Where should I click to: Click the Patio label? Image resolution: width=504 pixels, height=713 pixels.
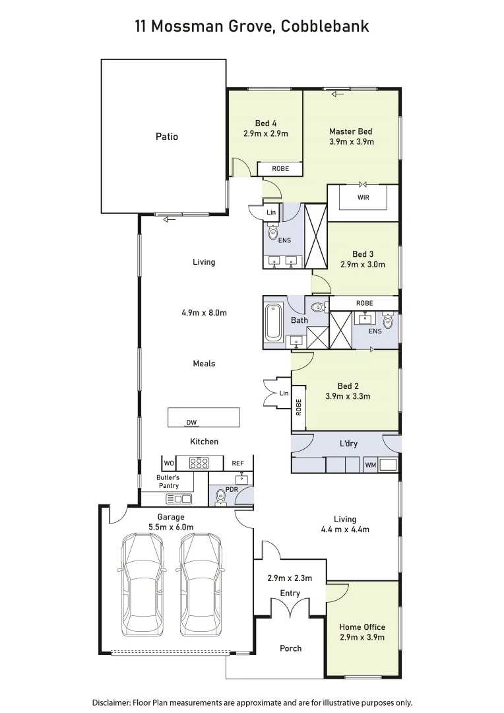click(167, 137)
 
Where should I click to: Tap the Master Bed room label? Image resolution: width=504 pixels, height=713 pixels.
click(351, 131)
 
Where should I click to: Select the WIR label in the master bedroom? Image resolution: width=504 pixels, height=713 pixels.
click(363, 197)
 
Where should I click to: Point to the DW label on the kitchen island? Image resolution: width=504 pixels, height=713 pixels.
click(192, 423)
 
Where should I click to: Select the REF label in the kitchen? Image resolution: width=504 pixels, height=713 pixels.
click(237, 463)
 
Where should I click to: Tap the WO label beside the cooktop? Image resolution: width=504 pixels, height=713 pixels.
click(169, 463)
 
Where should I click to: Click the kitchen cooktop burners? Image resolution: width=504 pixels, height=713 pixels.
click(199, 463)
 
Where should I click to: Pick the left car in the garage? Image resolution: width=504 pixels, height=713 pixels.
click(141, 584)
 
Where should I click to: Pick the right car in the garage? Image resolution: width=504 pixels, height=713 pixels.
click(201, 584)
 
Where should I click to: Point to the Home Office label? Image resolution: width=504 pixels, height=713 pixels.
click(362, 627)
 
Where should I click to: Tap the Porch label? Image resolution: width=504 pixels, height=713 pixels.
click(290, 648)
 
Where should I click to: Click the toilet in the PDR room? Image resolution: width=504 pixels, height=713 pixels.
click(220, 499)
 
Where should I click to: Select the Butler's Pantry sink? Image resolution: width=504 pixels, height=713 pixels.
click(179, 498)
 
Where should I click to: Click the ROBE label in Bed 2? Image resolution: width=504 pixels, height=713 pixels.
click(299, 409)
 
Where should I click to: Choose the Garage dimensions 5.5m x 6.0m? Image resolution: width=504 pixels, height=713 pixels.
click(171, 527)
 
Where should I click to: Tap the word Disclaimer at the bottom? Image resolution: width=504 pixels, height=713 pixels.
click(110, 702)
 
